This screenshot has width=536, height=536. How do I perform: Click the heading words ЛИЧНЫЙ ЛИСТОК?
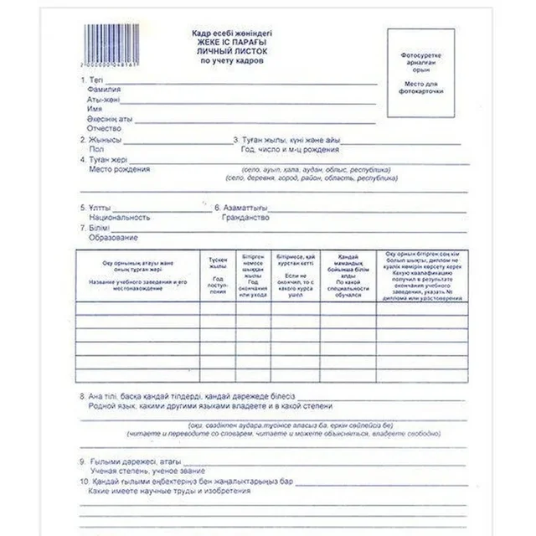point(232,51)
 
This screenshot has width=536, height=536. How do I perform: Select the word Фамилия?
point(105,89)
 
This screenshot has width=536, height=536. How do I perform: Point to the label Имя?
point(95,109)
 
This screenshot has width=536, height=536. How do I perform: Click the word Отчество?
point(105,128)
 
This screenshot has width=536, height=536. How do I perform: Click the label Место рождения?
point(119,168)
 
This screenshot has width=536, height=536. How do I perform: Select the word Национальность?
point(120,216)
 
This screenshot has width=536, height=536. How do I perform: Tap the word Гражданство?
point(245,216)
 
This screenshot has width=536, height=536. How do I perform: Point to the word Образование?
point(115,237)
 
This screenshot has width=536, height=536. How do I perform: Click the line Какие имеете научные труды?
point(159,492)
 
